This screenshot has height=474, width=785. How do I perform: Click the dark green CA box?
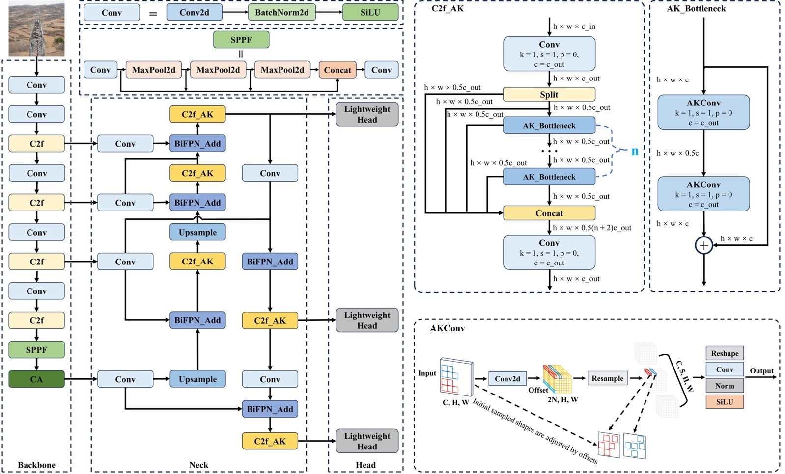coord(36,379)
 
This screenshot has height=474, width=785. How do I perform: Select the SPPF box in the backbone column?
coord(36,350)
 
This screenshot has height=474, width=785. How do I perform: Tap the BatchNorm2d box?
coord(282,13)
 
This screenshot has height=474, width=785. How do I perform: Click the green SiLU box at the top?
coord(370,13)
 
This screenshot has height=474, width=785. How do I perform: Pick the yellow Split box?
coord(549,94)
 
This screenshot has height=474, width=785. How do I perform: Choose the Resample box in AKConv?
coord(607,378)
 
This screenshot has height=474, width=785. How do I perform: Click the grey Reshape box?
coord(725,353)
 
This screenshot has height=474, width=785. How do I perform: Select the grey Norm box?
coord(725,386)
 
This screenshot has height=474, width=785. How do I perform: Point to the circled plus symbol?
coord(704,245)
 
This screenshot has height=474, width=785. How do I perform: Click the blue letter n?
coord(635,151)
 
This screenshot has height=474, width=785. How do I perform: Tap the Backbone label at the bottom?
coord(36,465)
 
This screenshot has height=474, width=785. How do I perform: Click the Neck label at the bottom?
coord(198,465)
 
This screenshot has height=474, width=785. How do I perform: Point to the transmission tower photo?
coord(36,29)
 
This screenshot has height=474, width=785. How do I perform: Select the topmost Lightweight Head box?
coord(367,114)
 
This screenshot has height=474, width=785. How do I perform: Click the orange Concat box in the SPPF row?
coord(337,70)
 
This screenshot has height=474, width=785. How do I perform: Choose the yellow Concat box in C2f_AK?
coord(549,213)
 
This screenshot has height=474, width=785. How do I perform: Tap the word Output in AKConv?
coord(761,371)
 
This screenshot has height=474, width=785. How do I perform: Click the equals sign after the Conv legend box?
coord(153,13)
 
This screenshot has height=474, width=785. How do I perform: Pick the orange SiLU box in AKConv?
coord(725,402)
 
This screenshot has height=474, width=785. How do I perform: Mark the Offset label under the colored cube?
coord(538,390)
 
